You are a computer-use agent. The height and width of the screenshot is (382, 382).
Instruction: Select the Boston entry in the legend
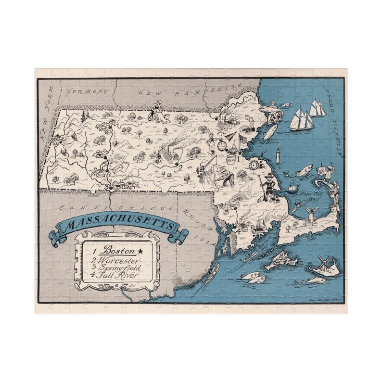tap(116, 251)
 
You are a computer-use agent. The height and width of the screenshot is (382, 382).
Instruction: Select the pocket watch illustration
tap(222, 144)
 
